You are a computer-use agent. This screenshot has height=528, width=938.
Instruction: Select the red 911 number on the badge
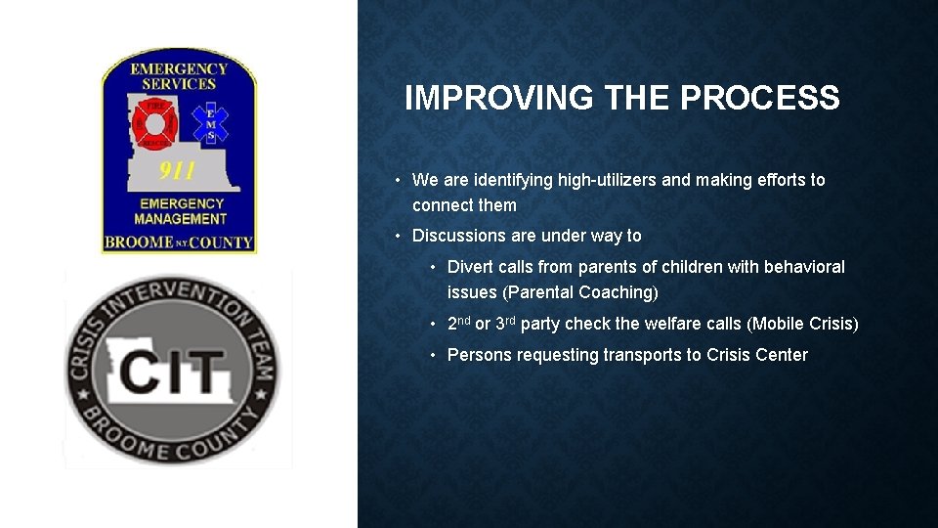pos(178,172)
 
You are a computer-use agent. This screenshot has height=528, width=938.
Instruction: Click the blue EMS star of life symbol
pos(215,122)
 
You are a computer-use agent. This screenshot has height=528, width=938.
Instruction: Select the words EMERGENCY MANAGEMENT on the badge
pos(180,211)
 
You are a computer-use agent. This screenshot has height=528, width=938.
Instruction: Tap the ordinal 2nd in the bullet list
pos(458,323)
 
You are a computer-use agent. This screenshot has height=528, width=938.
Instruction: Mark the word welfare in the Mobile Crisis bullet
pos(678,324)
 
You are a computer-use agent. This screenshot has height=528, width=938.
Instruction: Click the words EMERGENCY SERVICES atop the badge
pos(179,76)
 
